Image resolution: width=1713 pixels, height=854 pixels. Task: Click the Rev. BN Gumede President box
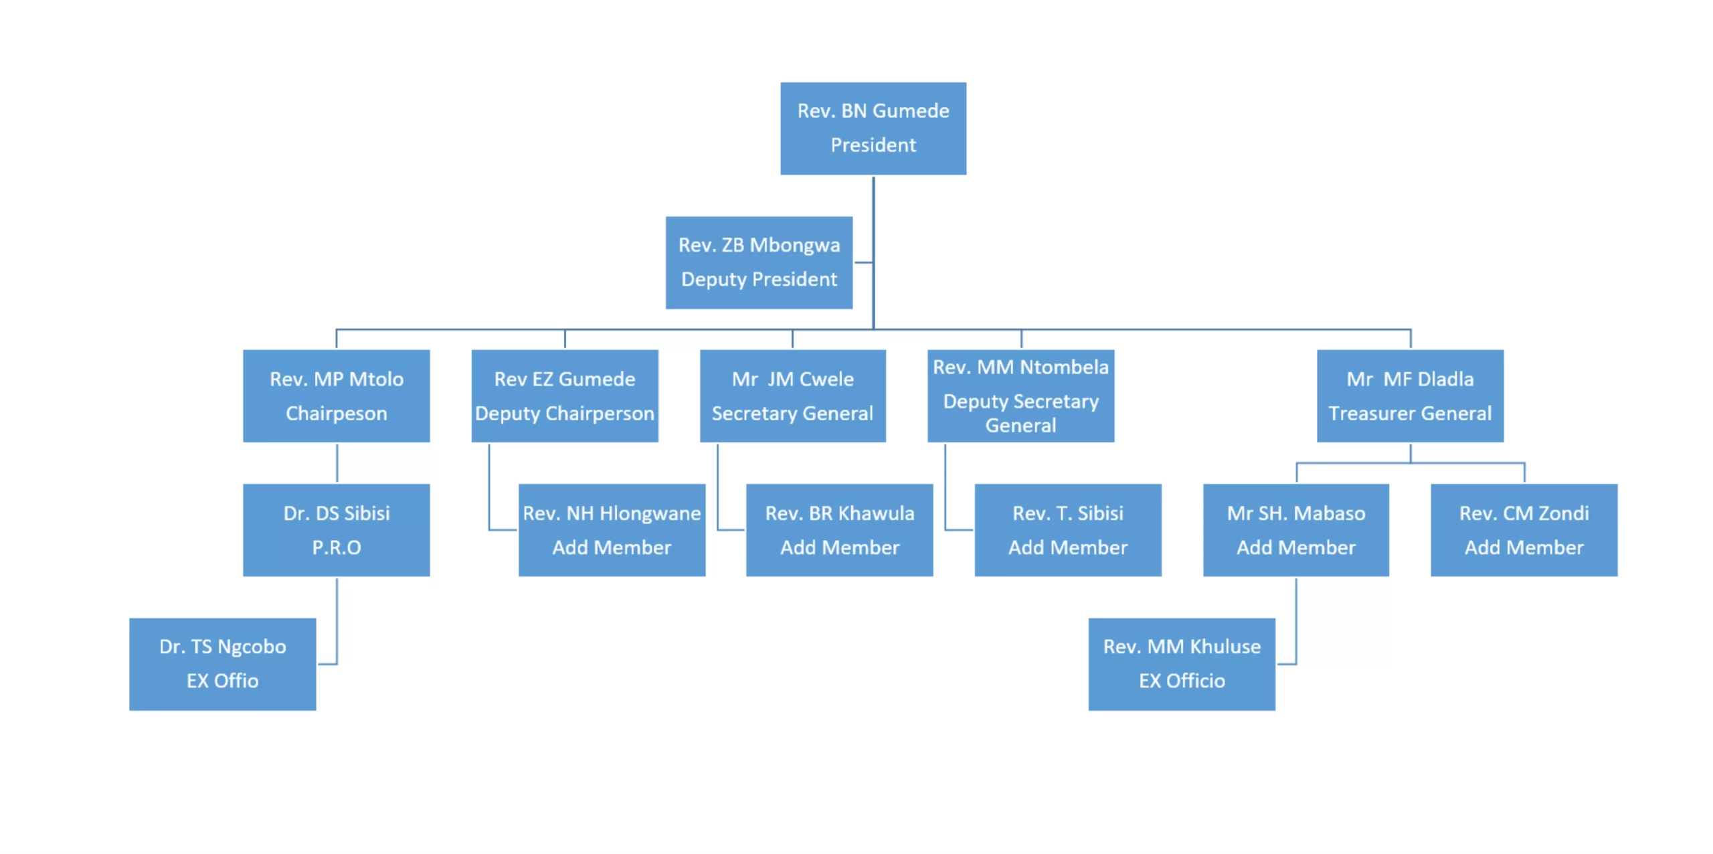(x=873, y=128)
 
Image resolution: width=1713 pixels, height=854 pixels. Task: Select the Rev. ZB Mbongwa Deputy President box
(x=758, y=262)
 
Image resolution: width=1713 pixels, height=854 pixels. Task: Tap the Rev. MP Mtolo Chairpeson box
(x=336, y=396)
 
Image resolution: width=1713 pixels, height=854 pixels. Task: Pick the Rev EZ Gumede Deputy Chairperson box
(x=564, y=396)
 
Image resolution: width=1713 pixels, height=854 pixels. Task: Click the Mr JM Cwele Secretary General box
(x=792, y=396)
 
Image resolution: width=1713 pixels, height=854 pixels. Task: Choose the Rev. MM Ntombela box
(x=1020, y=396)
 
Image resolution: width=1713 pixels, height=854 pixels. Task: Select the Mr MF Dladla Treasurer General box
(x=1409, y=396)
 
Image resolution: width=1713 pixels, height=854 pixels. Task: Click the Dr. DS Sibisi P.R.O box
(x=336, y=529)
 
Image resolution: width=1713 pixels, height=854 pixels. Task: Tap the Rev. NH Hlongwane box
(x=611, y=529)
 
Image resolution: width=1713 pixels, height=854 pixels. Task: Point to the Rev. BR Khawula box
(x=839, y=529)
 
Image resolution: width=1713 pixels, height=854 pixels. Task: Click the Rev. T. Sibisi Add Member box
(x=1067, y=529)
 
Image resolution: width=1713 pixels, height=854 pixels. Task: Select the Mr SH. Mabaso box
(x=1295, y=529)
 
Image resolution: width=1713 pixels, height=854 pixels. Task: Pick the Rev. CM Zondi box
(x=1524, y=529)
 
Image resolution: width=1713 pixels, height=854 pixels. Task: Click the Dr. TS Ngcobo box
(x=222, y=663)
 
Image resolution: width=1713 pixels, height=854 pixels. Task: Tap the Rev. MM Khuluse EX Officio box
(x=1181, y=663)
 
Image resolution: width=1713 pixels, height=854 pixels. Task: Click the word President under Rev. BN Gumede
(x=873, y=145)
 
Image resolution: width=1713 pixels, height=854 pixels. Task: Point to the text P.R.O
(x=336, y=547)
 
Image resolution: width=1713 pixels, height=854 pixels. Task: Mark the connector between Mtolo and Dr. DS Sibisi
(x=337, y=462)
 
